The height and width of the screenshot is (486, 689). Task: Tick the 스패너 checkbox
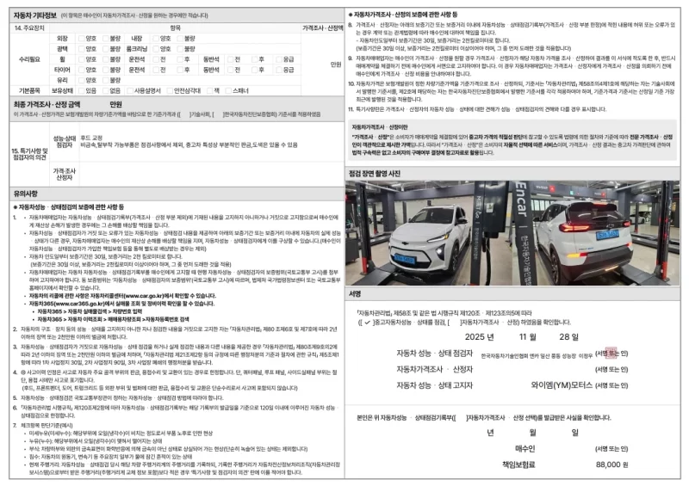click(229, 89)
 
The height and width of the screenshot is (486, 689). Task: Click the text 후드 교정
click(92, 138)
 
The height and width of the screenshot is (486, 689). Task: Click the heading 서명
click(356, 293)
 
